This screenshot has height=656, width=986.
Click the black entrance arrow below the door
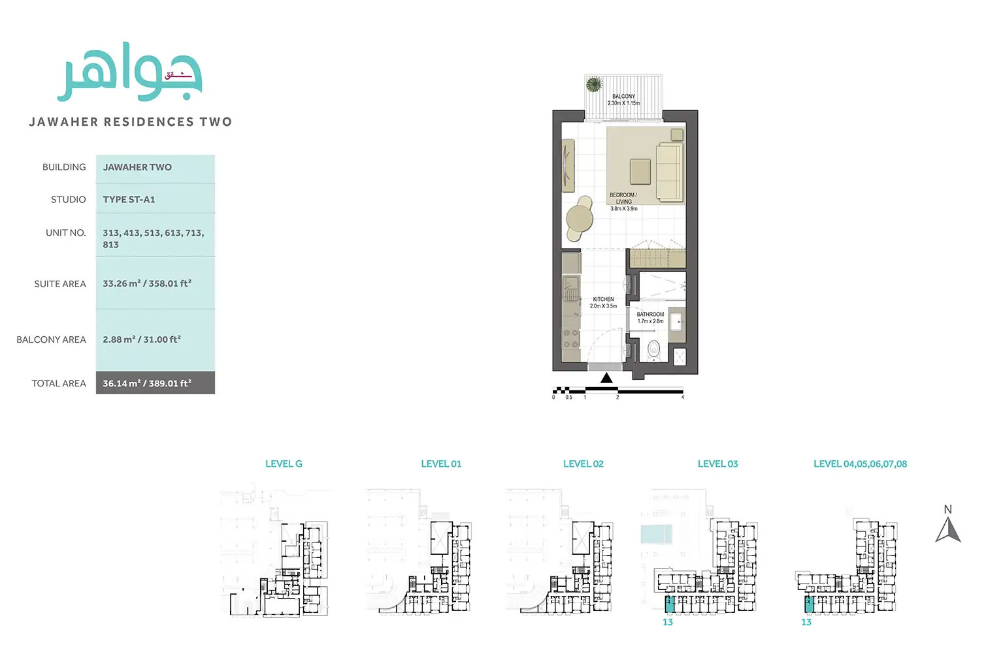coord(606,378)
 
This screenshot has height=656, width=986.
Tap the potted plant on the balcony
coord(594,84)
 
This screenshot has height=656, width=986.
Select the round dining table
coord(580,217)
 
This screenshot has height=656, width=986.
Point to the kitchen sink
coord(571,288)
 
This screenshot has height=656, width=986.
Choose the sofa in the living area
coord(669,172)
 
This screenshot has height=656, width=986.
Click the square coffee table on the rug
coord(640,172)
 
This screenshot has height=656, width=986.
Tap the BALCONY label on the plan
coord(623,97)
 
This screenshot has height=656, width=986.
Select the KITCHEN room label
coord(603,300)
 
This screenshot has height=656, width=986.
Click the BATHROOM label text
coord(650,315)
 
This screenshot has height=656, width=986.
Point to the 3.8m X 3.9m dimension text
coord(624,209)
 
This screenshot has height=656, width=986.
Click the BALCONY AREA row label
coord(51,340)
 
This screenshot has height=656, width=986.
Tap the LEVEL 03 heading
coord(717,464)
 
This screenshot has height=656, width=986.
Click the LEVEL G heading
coord(284,464)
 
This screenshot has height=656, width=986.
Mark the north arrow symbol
coord(947,529)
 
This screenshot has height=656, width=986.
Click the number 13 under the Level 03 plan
coord(668,622)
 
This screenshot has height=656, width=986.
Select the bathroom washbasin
coord(676,322)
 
